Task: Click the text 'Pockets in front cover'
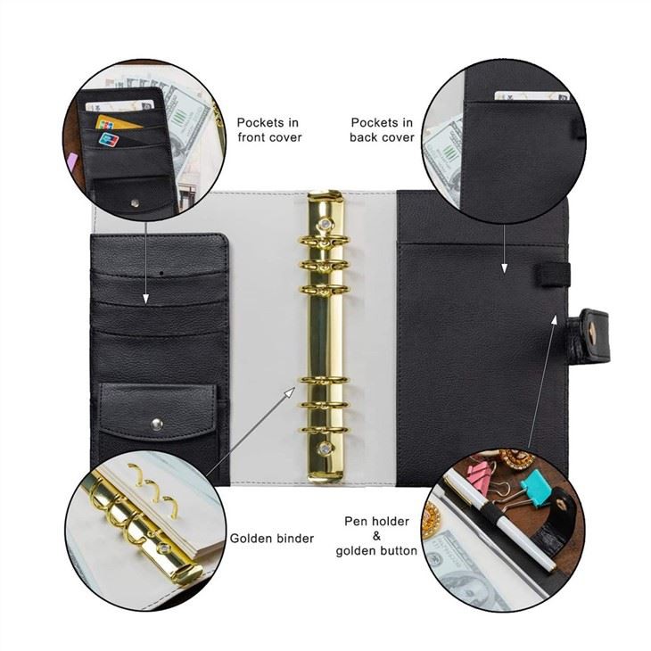pos(268,129)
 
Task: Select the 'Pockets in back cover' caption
pos(382,129)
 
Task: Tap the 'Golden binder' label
pos(271,538)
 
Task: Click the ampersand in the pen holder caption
pos(375,535)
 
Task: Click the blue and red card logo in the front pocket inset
pos(109,139)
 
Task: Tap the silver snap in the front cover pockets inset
pos(133,202)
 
